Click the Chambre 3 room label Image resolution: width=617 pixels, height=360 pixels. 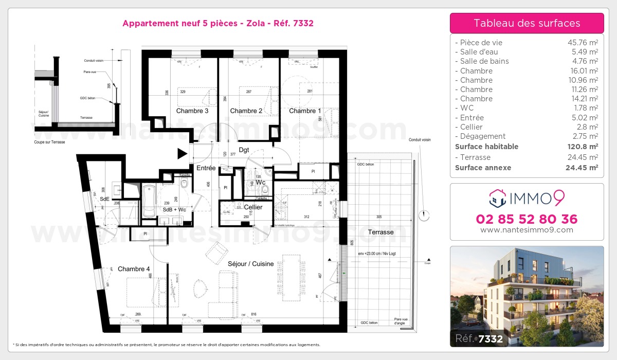(x=192, y=111)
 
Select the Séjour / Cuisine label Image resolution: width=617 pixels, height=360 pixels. (x=251, y=264)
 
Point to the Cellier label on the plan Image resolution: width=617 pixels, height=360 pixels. (x=253, y=207)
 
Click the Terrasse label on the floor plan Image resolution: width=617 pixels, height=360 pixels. (x=380, y=232)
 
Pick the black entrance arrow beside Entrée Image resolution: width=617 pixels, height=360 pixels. (x=182, y=153)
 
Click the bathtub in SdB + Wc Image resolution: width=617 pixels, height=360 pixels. (x=149, y=202)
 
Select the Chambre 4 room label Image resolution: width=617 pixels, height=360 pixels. (x=134, y=269)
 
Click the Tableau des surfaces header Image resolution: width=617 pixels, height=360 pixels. (x=527, y=23)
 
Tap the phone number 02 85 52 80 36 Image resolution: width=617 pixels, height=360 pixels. (x=527, y=219)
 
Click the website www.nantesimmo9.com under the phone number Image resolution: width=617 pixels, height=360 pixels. (x=527, y=230)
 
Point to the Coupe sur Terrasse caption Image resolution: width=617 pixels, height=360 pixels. (x=49, y=142)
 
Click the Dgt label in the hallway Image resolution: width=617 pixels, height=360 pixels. (x=244, y=150)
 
